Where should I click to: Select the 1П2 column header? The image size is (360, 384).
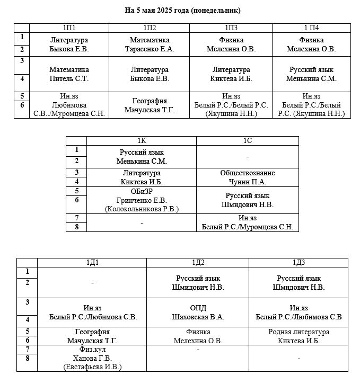pyautogui.click(x=149, y=28)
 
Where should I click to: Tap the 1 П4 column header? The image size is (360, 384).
pyautogui.click(x=311, y=28)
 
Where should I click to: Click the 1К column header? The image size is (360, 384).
pyautogui.click(x=142, y=140)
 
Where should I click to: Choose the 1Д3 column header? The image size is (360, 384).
pyautogui.click(x=298, y=263)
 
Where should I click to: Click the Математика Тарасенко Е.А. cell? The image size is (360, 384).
pyautogui.click(x=149, y=44)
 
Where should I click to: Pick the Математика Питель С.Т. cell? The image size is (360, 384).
pyautogui.click(x=69, y=74)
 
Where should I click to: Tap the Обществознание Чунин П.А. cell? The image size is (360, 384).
pyautogui.click(x=248, y=177)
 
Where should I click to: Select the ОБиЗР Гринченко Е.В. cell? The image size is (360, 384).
pyautogui.click(x=142, y=200)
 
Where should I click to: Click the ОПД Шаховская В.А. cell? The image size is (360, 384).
pyautogui.click(x=198, y=312)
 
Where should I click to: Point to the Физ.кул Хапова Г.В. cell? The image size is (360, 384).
pyautogui.click(x=92, y=358)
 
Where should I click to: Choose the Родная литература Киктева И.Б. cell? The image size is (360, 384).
pyautogui.click(x=298, y=336)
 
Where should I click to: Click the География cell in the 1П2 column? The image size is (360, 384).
pyautogui.click(x=149, y=105)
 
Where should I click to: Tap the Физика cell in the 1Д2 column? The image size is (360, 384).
pyautogui.click(x=198, y=336)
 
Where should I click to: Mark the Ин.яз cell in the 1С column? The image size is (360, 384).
pyautogui.click(x=248, y=222)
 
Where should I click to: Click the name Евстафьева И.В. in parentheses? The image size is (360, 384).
pyautogui.click(x=92, y=367)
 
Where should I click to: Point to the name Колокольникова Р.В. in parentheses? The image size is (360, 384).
pyautogui.click(x=142, y=209)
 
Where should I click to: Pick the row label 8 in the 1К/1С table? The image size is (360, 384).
pyautogui.click(x=77, y=227)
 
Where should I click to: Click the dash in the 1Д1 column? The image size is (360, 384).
pyautogui.click(x=92, y=283)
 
